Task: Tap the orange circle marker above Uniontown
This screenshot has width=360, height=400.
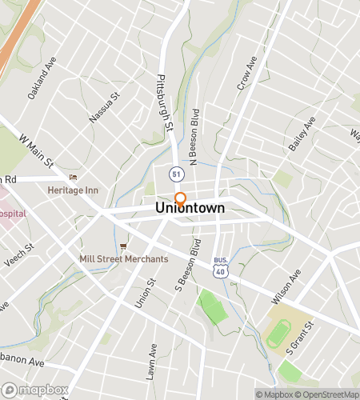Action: [181, 198]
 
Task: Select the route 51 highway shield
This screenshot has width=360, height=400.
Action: [174, 173]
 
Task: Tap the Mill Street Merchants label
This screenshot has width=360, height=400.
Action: [124, 258]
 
